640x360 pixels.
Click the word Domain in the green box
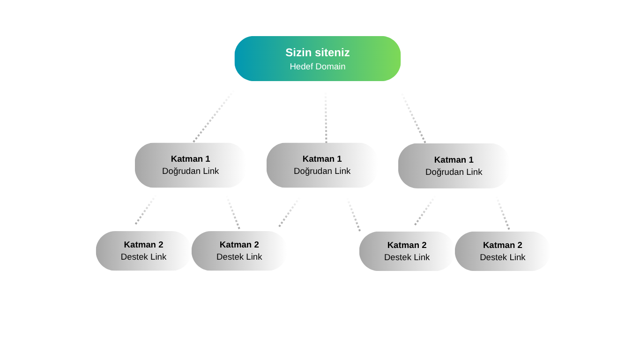(331, 67)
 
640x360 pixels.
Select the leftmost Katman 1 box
(190, 165)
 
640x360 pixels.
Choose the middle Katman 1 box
(322, 165)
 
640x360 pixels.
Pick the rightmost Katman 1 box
(454, 166)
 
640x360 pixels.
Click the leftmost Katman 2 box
(143, 251)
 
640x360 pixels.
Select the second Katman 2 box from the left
(239, 251)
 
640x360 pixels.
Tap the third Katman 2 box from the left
(407, 251)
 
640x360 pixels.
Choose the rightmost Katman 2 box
(503, 251)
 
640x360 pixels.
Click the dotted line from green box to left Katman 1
(214, 116)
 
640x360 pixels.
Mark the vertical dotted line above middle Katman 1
(326, 117)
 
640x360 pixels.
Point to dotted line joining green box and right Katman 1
(413, 118)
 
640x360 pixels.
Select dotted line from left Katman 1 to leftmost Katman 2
(145, 210)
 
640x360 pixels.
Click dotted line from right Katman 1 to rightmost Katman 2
(503, 213)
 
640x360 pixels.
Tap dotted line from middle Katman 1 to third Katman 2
(353, 214)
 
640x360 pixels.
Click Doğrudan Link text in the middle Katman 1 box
(322, 171)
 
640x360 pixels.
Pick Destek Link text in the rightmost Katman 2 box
(503, 257)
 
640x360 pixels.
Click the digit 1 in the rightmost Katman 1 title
(471, 160)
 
